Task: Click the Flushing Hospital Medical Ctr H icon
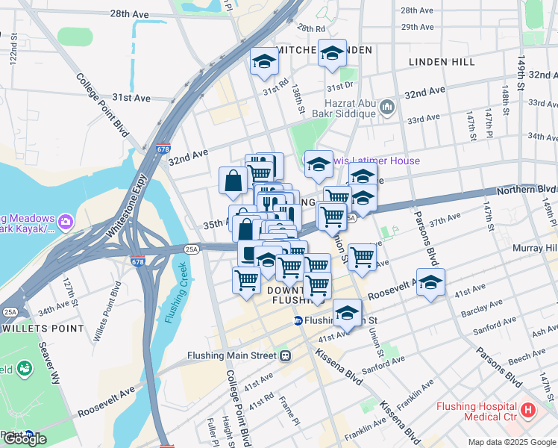[x=529, y=409]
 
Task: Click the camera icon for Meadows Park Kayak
[x=66, y=221]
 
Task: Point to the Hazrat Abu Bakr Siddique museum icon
[x=386, y=108]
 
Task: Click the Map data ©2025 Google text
[x=512, y=442]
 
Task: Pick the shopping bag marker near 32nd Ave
[x=233, y=180]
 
